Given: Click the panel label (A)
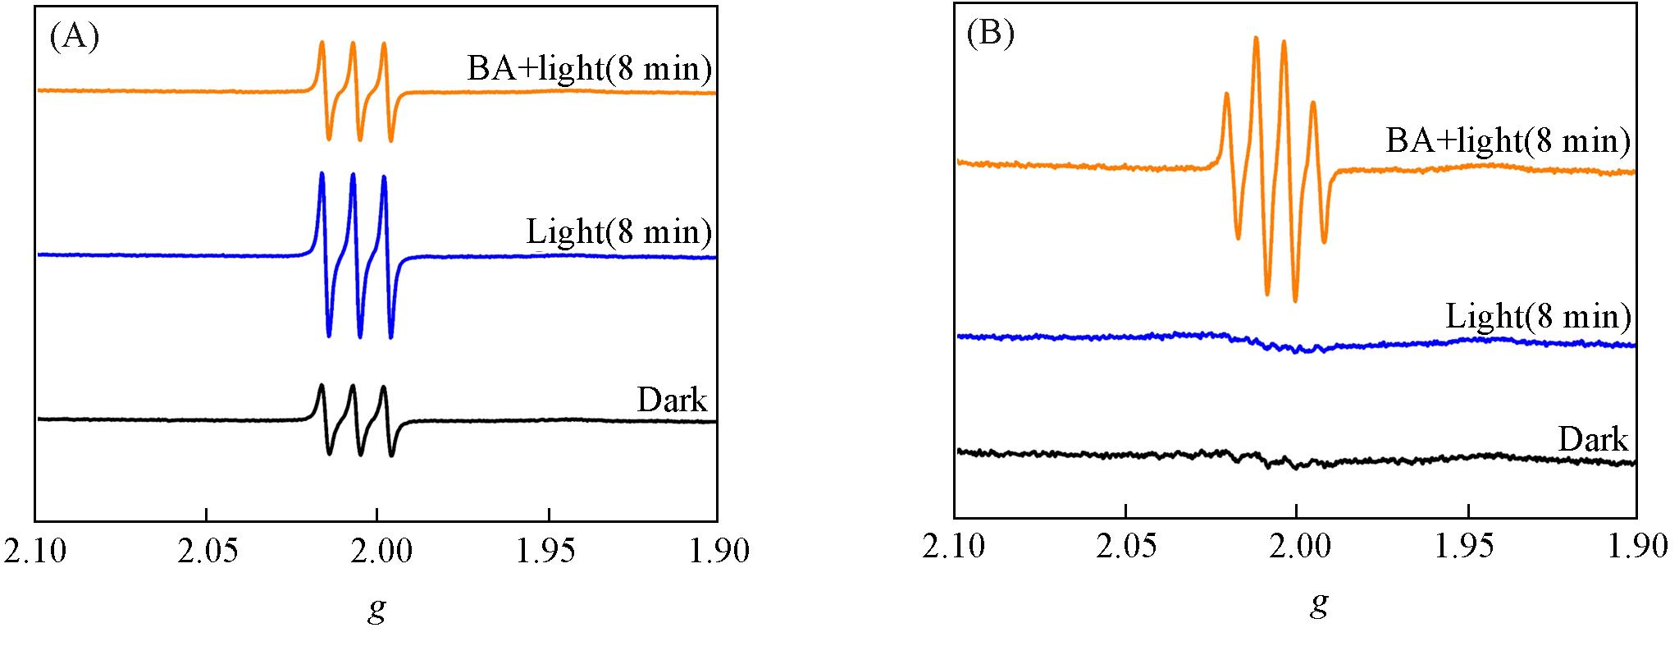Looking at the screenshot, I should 75,38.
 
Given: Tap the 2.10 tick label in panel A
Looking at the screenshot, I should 36,551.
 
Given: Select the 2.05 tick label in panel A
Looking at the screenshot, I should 207,551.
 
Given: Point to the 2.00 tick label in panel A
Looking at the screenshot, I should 377,551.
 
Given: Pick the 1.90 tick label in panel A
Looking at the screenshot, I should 717,551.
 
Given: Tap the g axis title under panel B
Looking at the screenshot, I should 1319,606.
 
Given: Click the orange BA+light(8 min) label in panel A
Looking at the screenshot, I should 589,68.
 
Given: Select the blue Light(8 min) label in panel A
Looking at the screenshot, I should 618,233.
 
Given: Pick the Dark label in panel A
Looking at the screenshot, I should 672,400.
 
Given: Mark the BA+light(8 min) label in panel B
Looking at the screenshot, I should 1508,141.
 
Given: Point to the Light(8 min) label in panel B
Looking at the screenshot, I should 1538,316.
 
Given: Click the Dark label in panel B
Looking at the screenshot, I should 1592,440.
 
